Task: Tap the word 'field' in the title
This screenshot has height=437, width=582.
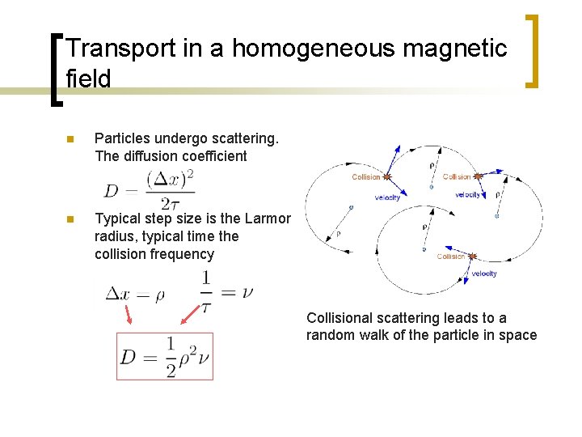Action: coord(88,78)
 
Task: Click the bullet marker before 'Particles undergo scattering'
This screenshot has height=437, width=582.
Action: coord(70,140)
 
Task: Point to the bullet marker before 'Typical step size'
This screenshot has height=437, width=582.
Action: coord(70,219)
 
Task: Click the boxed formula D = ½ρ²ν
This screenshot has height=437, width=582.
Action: coord(165,356)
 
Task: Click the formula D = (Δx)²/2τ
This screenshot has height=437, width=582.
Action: coord(150,190)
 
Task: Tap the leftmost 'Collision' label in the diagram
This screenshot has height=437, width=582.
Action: coord(366,176)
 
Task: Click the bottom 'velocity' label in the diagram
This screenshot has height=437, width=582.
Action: coord(483,274)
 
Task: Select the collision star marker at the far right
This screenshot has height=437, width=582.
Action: coord(478,176)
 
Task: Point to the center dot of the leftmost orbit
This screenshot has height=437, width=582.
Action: coord(351,207)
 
